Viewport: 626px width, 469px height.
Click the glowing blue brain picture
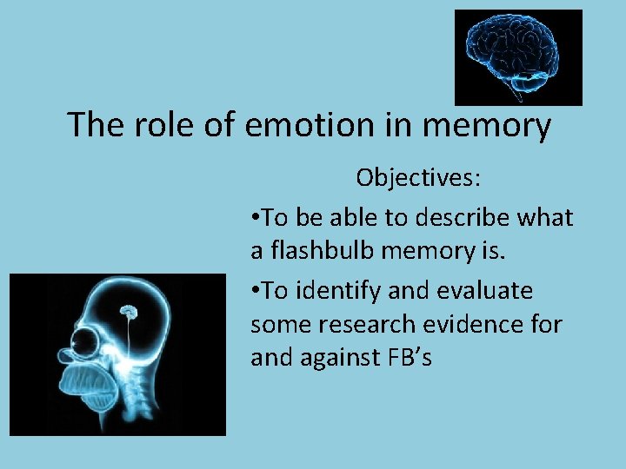[518, 56]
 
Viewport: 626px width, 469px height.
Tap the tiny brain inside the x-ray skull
[129, 309]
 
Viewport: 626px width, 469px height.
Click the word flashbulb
[321, 251]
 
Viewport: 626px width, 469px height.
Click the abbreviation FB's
[409, 358]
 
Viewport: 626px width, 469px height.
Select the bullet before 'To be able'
[255, 217]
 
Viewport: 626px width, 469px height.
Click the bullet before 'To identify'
[255, 290]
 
